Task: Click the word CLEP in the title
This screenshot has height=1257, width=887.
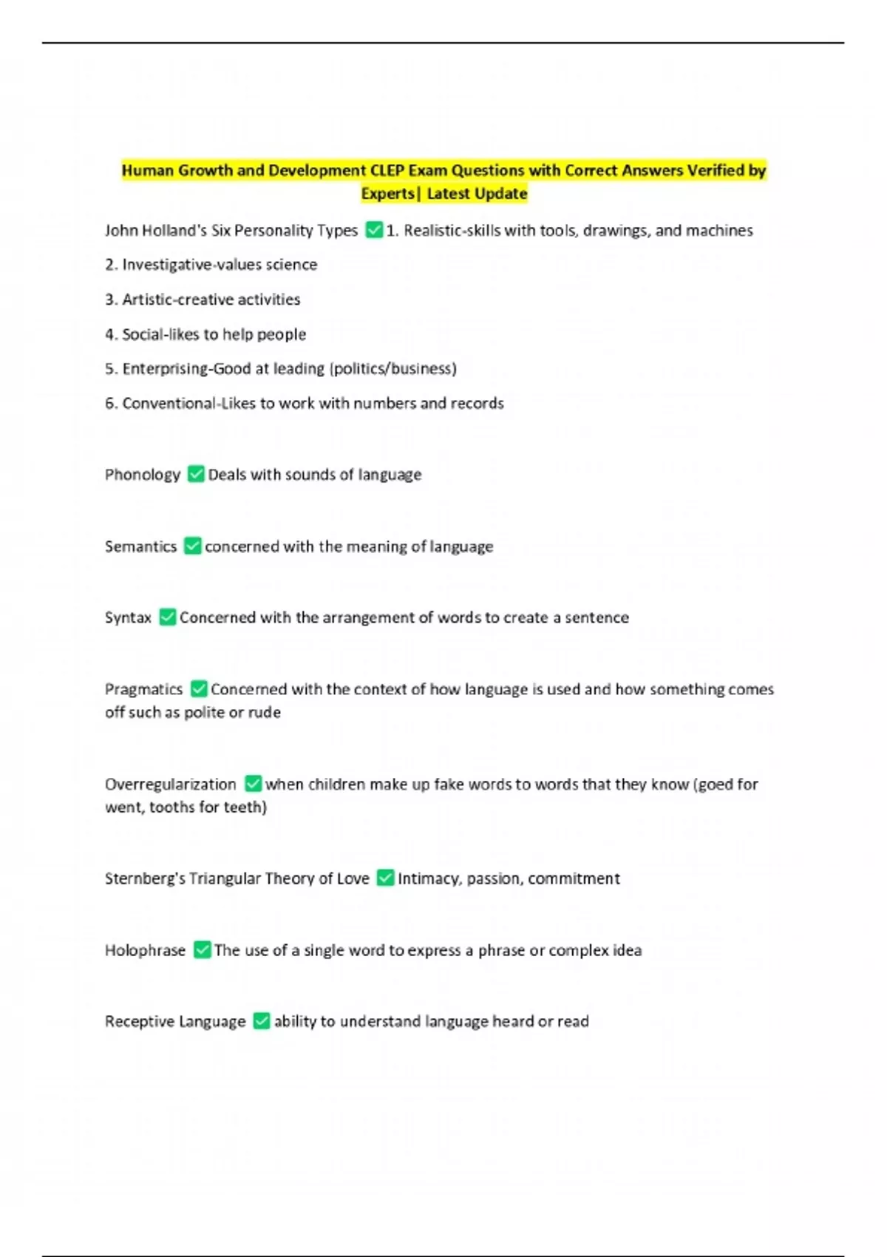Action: pos(387,171)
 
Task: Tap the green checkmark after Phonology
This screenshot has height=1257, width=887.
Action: pos(196,474)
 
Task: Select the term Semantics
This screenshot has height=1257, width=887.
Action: pos(140,546)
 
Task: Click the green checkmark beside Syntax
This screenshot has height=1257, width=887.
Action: pos(168,617)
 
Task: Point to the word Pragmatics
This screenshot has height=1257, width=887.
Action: pos(143,689)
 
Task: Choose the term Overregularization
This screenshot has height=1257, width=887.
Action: pos(170,784)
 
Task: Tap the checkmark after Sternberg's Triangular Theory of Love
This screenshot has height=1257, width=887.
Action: pos(385,878)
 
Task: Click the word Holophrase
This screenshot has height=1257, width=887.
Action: pos(145,950)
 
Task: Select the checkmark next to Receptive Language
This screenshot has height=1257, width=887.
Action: pos(261,1021)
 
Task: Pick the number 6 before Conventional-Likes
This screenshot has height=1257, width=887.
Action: pos(109,403)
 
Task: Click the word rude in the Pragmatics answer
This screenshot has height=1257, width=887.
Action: pos(265,712)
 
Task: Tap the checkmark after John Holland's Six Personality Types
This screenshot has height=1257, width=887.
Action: pos(374,230)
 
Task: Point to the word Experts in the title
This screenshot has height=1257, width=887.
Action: pos(387,194)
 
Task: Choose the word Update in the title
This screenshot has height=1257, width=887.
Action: pos(503,194)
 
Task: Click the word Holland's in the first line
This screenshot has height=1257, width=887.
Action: pos(174,230)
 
